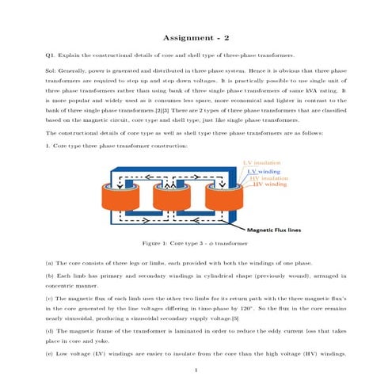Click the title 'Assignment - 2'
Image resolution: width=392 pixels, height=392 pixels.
coord(196,37)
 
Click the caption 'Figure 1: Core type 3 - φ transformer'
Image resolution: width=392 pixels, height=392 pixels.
coord(196,245)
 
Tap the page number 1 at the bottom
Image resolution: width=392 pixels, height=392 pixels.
coord(196,370)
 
